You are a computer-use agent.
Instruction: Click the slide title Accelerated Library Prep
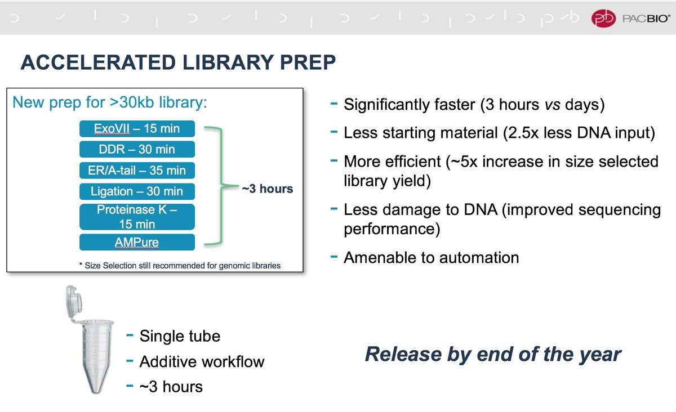tap(178, 62)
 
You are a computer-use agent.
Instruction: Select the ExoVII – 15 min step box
tap(137, 128)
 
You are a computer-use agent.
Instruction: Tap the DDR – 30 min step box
tap(137, 149)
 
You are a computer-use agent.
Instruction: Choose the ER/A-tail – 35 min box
tap(137, 170)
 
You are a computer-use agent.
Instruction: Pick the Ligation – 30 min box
tap(137, 191)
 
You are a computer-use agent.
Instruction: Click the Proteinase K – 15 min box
tap(137, 217)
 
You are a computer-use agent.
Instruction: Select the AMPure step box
tap(137, 243)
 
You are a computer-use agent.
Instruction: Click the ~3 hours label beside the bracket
tap(268, 189)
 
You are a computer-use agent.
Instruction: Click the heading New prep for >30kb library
tap(110, 103)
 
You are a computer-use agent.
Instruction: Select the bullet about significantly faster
tap(475, 105)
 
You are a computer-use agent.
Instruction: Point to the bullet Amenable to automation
tap(431, 258)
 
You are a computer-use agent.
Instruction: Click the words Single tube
tap(180, 336)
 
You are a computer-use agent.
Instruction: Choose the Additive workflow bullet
tap(202, 361)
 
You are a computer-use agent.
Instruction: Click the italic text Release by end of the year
tap(493, 354)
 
